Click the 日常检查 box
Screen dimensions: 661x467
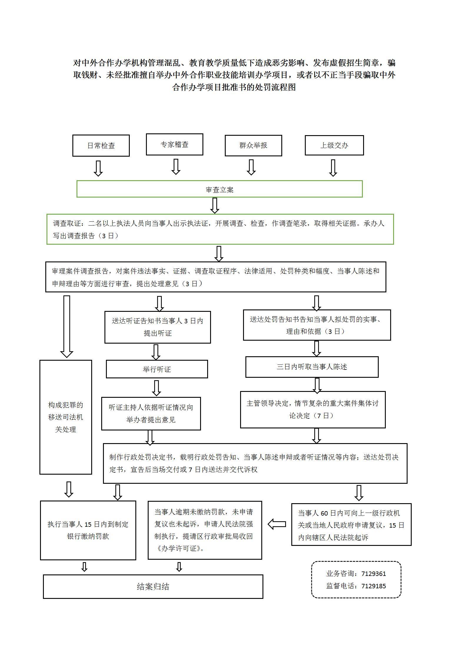[x=101, y=145]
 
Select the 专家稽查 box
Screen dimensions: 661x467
[x=174, y=144]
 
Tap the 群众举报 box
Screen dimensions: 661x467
[x=253, y=145]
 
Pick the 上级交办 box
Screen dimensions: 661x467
[x=334, y=145]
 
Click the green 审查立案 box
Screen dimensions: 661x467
[x=220, y=189]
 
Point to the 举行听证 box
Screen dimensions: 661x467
[x=157, y=369]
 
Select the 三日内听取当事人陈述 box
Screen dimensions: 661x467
[x=312, y=367]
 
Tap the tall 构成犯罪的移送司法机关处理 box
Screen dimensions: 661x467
[x=66, y=417]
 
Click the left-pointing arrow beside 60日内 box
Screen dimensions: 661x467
[x=277, y=524]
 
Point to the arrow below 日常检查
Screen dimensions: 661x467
[x=98, y=168]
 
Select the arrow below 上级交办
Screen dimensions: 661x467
[x=333, y=168]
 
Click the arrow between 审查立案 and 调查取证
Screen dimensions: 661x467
[x=215, y=206]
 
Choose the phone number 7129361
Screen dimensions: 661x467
[x=373, y=574]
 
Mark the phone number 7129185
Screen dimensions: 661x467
[x=373, y=586]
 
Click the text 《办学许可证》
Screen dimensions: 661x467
[x=179, y=549]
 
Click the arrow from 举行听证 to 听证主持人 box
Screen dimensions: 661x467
[x=157, y=388]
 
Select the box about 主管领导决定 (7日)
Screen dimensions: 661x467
[x=313, y=410]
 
